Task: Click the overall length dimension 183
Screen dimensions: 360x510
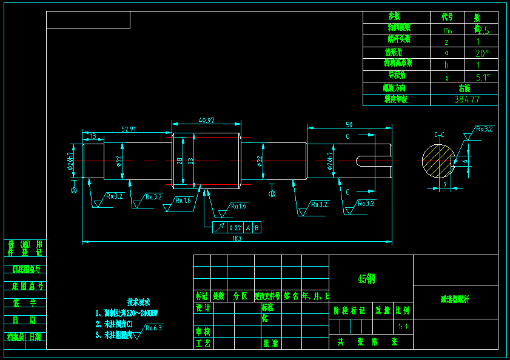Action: pyautogui.click(x=237, y=238)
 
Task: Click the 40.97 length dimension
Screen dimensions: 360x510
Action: pyautogui.click(x=206, y=121)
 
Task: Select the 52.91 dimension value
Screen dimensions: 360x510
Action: pyautogui.click(x=129, y=129)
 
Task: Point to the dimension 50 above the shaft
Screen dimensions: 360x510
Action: pyautogui.click(x=349, y=124)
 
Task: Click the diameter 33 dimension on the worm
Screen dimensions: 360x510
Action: pyautogui.click(x=190, y=161)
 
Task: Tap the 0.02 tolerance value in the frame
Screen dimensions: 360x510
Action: pyautogui.click(x=235, y=228)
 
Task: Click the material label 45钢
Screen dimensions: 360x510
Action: pyautogui.click(x=367, y=279)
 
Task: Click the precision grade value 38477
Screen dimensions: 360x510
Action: pyautogui.click(x=467, y=99)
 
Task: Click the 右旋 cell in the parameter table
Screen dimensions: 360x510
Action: pyautogui.click(x=465, y=88)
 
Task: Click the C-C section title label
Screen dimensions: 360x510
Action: pyautogui.click(x=440, y=134)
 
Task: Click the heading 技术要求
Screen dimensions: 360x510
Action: pyautogui.click(x=138, y=302)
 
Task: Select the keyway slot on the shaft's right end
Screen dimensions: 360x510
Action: pyautogui.click(x=369, y=161)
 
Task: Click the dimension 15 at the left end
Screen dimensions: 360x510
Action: pyautogui.click(x=93, y=136)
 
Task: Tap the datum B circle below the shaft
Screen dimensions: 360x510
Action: pyautogui.click(x=272, y=193)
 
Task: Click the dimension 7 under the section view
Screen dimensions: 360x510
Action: pyautogui.click(x=445, y=184)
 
